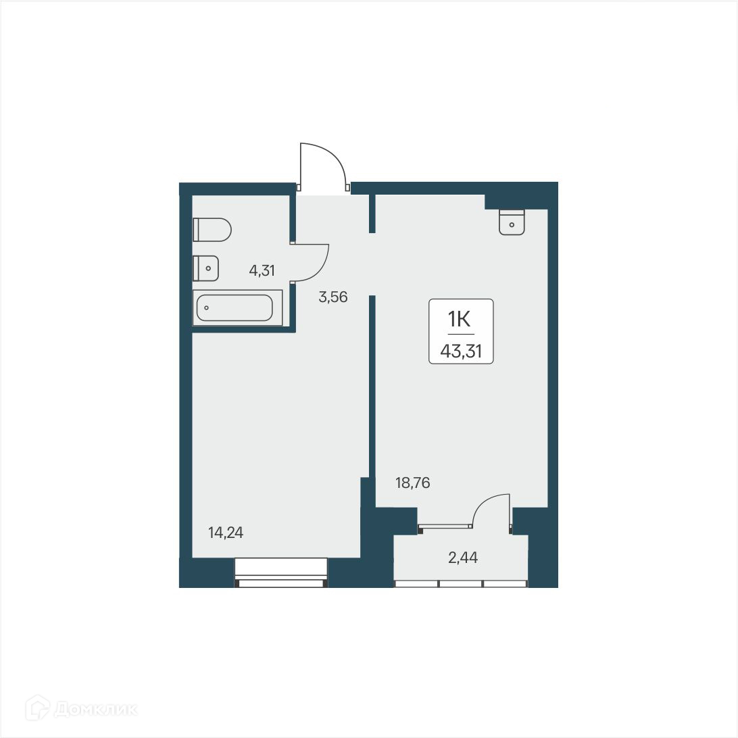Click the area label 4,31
(x=262, y=271)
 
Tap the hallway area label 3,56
(x=333, y=297)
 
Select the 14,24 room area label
(x=226, y=533)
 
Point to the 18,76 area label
(x=412, y=483)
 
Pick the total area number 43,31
(x=461, y=350)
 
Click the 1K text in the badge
(x=461, y=318)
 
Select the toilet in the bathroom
(x=212, y=230)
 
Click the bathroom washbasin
(x=205, y=268)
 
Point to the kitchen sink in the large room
(x=512, y=222)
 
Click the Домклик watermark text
(x=96, y=710)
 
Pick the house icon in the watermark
(x=38, y=709)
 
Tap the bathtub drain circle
(x=206, y=308)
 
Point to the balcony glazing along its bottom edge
(x=460, y=583)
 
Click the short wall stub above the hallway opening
(x=372, y=213)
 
